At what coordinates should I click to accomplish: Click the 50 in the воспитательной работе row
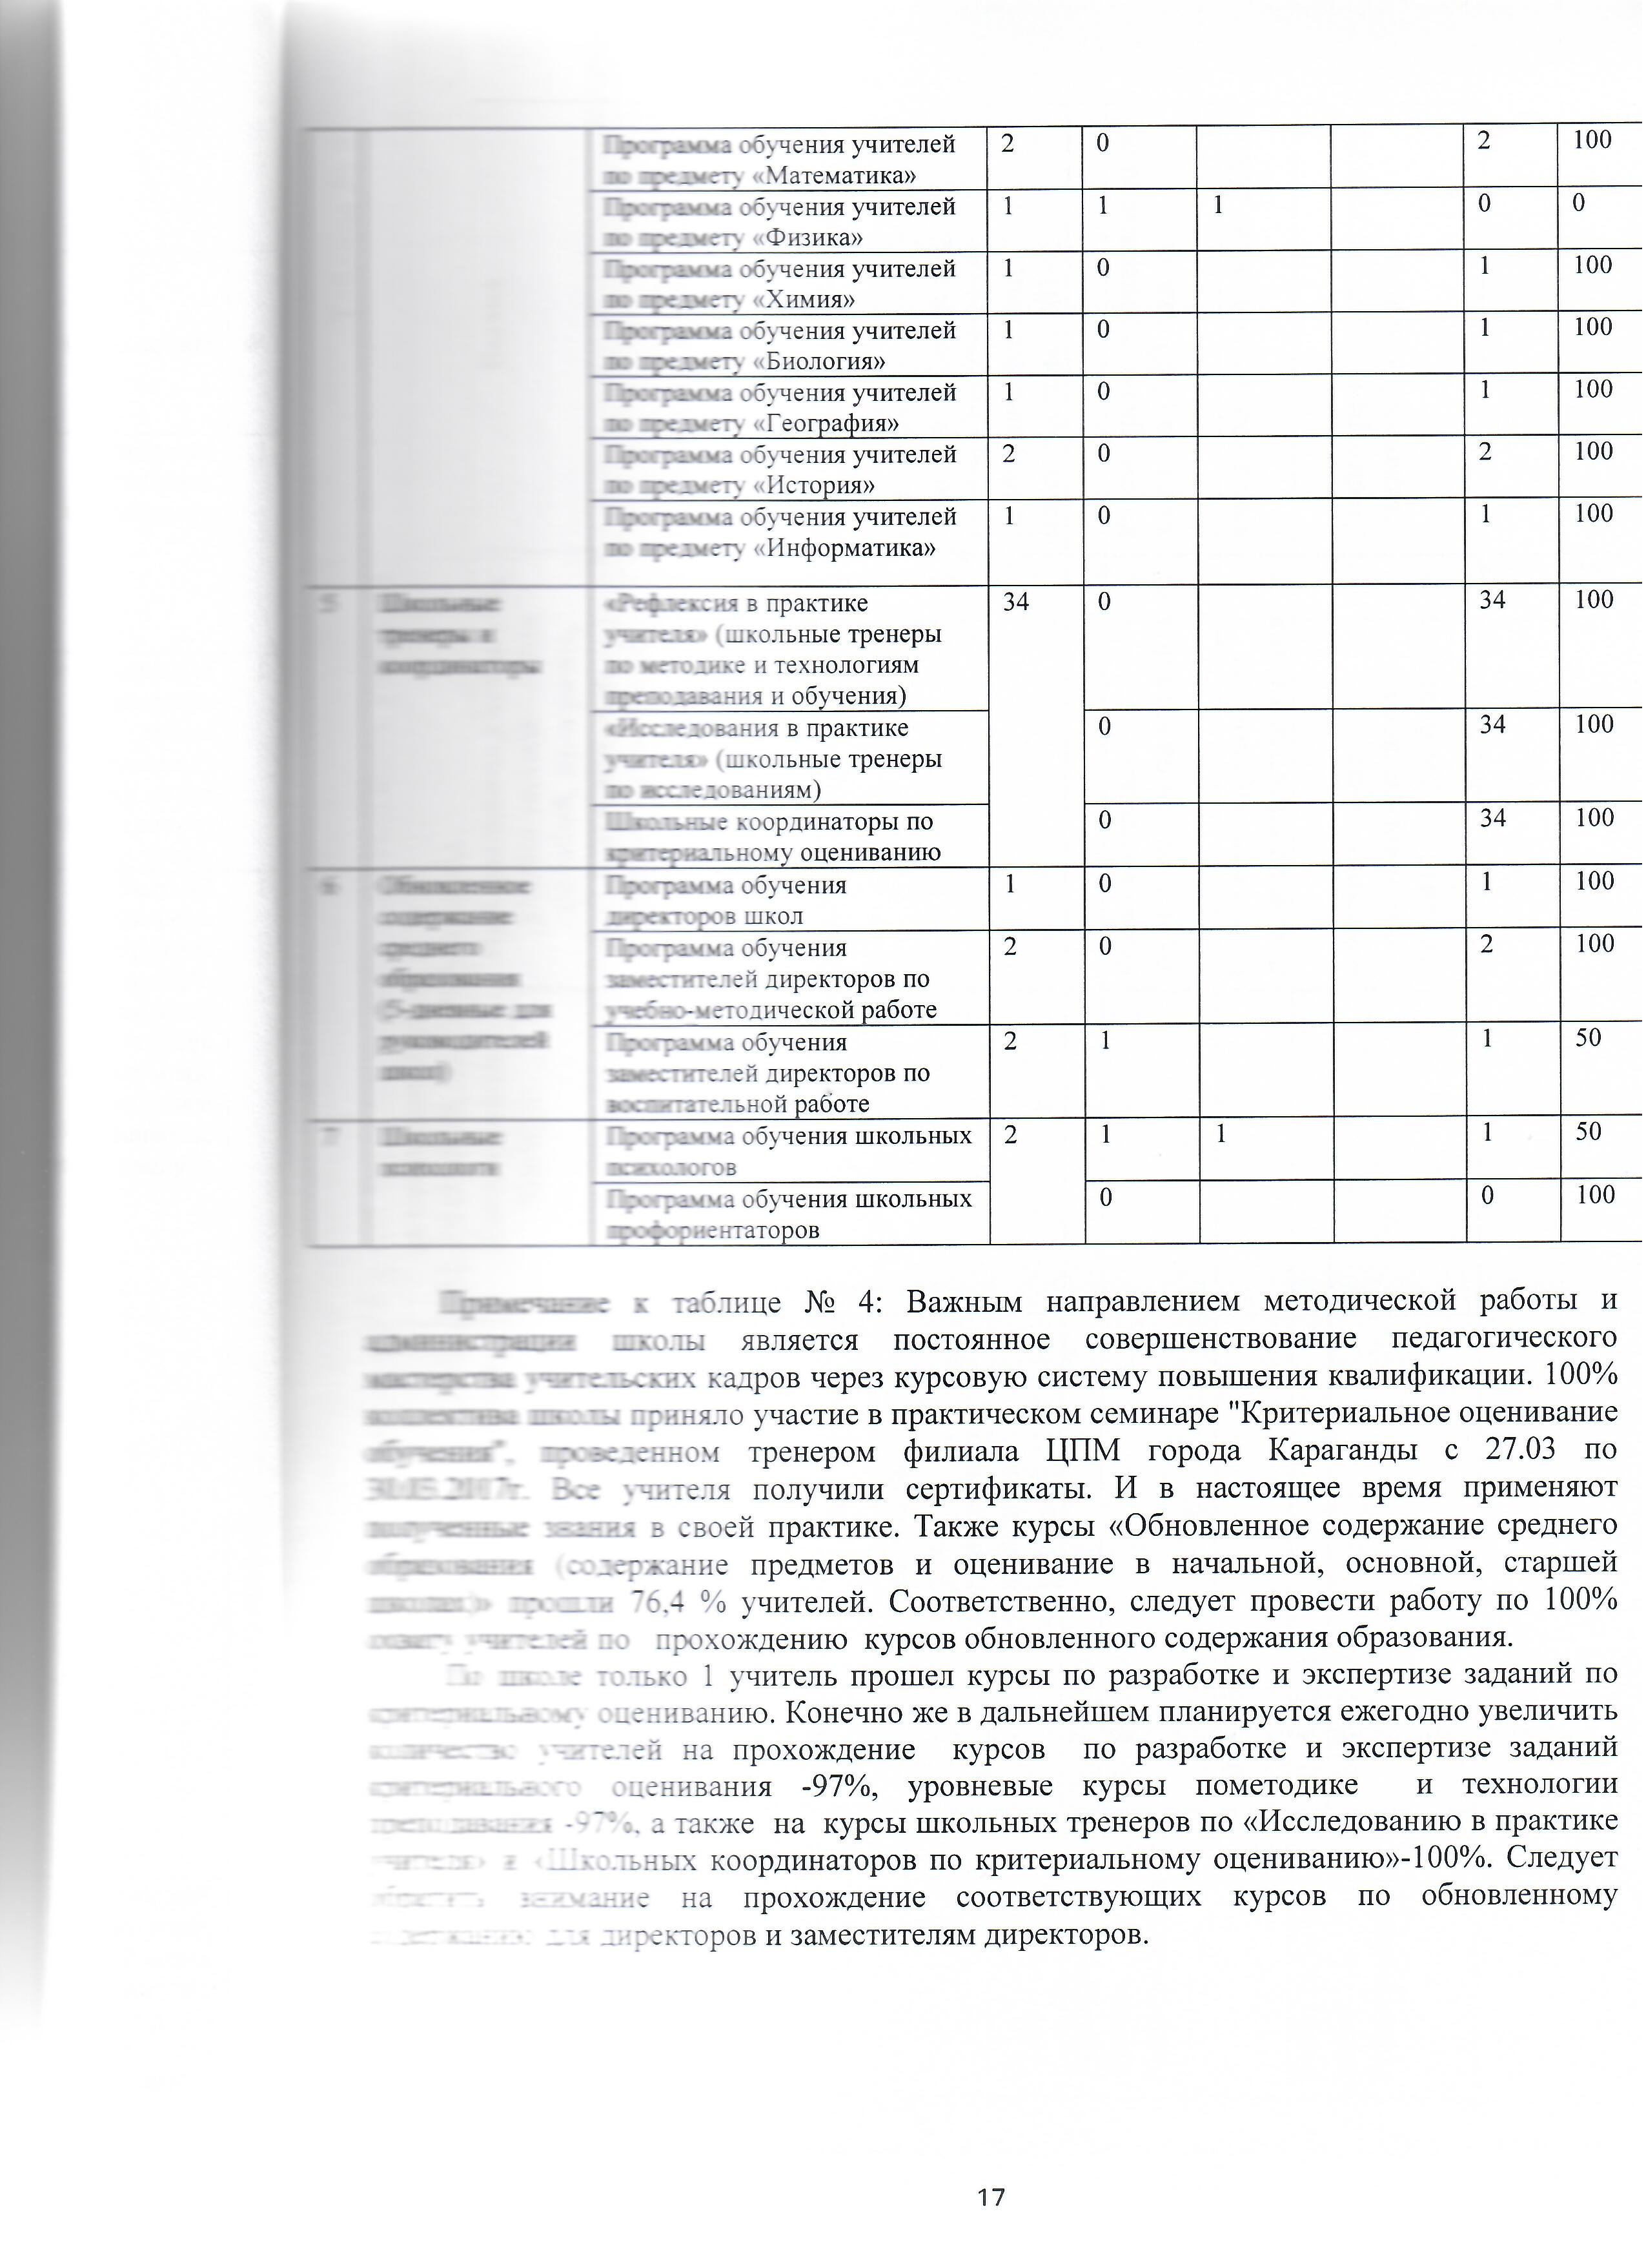pyautogui.click(x=1588, y=1038)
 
